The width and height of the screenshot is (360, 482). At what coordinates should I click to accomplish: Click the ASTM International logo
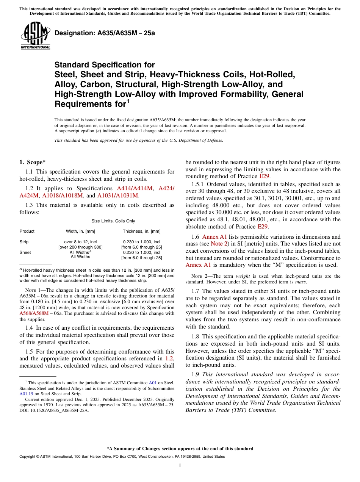pyautogui.click(x=35, y=36)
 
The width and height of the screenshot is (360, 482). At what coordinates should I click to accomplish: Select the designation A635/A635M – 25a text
pyautogui.click(x=105, y=33)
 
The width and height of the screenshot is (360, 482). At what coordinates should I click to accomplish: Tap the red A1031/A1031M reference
pyautogui.click(x=118, y=196)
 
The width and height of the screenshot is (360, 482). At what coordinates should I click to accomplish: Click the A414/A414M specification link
pyautogui.click(x=135, y=188)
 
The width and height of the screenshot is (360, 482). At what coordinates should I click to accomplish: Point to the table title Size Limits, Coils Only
pyautogui.click(x=113, y=221)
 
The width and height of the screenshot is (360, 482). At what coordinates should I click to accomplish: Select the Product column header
pyautogui.click(x=27, y=231)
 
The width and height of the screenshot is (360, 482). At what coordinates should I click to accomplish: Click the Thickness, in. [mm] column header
pyautogui.click(x=141, y=231)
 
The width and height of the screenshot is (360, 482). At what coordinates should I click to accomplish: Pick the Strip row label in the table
pyautogui.click(x=24, y=242)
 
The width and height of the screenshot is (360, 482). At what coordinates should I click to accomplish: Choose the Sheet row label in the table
pyautogui.click(x=25, y=252)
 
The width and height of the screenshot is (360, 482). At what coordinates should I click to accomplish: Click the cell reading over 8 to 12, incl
pyautogui.click(x=80, y=242)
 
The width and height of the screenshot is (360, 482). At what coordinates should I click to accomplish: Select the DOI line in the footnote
pyautogui.click(x=54, y=410)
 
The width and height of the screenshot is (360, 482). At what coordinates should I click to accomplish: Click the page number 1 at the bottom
pyautogui.click(x=180, y=466)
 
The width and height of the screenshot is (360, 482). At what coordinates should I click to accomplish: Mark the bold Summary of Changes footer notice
pyautogui.click(x=180, y=449)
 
